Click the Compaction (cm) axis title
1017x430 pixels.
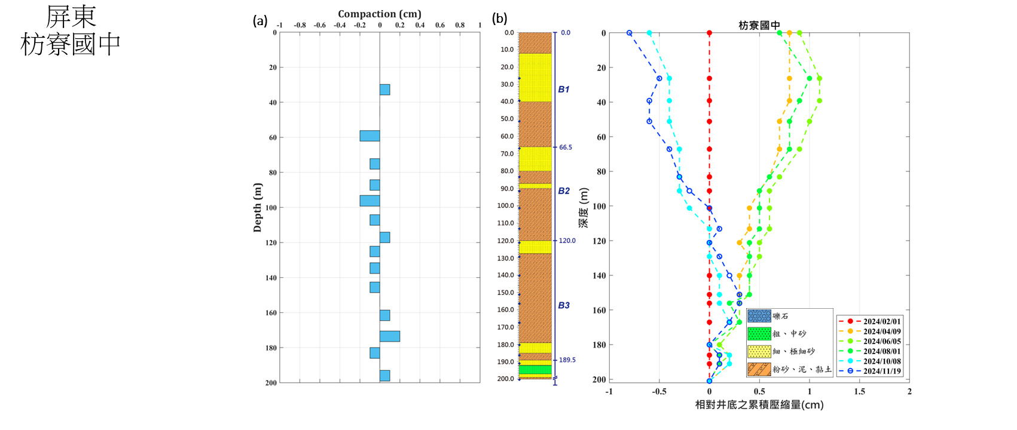(x=379, y=14)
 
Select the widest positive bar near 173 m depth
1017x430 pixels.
(x=390, y=336)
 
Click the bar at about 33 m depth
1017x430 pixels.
(x=384, y=90)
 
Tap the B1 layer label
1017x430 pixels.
(x=564, y=90)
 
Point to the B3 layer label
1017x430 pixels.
(x=564, y=305)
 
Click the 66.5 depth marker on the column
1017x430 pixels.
(x=566, y=148)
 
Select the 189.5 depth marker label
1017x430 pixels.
(x=567, y=360)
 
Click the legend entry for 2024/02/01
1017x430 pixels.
(x=869, y=321)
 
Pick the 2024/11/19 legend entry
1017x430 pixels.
(x=869, y=371)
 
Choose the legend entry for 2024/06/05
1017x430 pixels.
(x=869, y=342)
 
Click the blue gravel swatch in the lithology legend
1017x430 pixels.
(x=759, y=317)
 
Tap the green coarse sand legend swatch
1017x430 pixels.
(x=759, y=334)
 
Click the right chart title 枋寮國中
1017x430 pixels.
(x=759, y=26)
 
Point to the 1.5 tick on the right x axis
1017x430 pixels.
(x=859, y=392)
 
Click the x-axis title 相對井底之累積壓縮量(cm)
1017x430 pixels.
(x=759, y=405)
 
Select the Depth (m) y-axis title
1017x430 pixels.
(x=258, y=207)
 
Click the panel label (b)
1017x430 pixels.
(x=499, y=19)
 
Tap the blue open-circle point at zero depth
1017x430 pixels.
(x=630, y=33)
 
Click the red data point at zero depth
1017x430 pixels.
(x=710, y=33)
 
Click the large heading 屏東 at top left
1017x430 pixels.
(x=71, y=17)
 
